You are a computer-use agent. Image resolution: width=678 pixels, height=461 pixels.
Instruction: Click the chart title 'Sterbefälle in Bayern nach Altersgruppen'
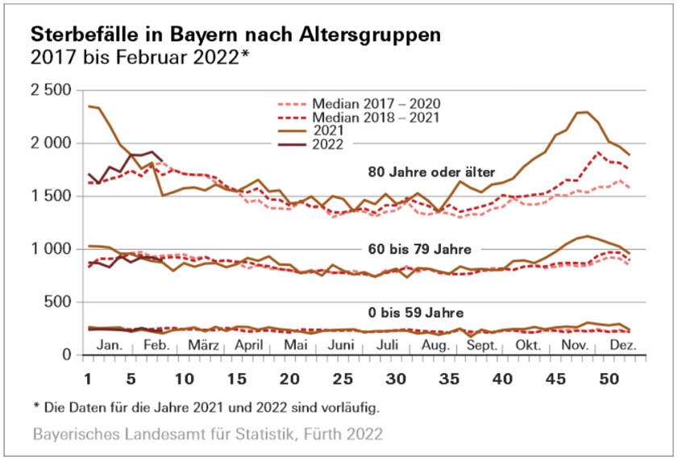[235, 36]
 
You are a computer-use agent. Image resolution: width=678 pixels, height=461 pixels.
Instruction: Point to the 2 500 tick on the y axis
[50, 89]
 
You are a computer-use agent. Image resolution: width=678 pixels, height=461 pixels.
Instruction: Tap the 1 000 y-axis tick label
[50, 249]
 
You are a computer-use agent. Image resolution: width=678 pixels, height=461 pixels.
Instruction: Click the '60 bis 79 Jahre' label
[419, 247]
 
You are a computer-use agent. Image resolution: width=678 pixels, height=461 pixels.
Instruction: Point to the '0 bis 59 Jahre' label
[416, 313]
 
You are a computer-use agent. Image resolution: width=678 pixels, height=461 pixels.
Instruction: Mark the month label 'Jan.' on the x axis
[109, 344]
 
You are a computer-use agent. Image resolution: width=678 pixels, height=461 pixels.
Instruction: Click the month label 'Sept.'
[481, 344]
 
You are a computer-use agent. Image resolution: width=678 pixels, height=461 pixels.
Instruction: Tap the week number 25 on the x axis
[342, 378]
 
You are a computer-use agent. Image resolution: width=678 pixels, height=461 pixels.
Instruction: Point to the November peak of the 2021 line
[585, 112]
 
